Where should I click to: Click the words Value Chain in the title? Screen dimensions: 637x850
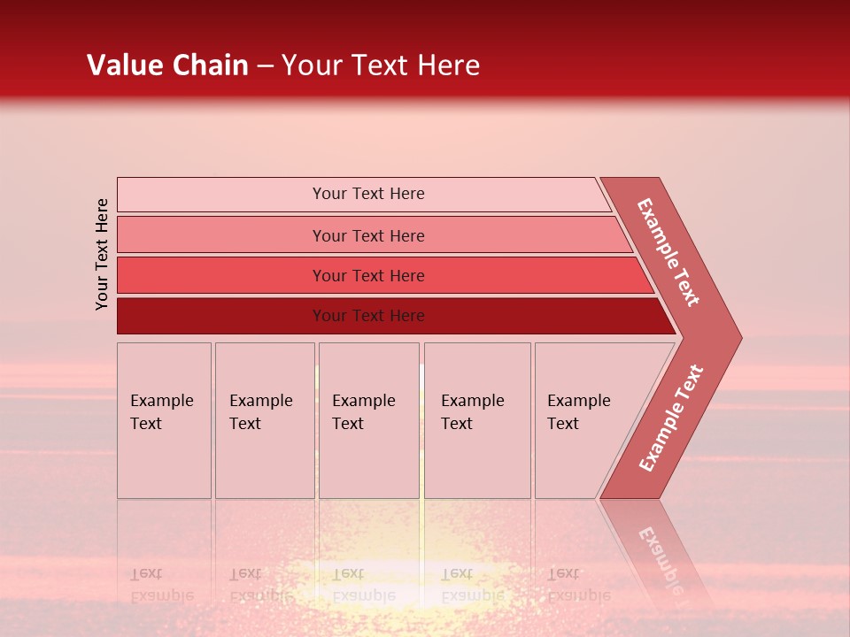click(167, 65)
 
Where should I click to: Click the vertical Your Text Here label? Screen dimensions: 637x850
click(102, 254)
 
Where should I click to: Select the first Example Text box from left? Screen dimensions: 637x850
click(164, 420)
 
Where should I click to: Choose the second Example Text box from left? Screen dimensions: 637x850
click(264, 420)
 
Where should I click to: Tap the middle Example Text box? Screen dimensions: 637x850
click(368, 420)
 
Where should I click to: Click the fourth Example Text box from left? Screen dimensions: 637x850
click(477, 420)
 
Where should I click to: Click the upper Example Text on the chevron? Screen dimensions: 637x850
click(668, 252)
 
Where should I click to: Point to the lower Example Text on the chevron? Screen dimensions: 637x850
click(670, 418)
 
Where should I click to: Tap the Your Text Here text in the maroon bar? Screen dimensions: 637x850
click(368, 316)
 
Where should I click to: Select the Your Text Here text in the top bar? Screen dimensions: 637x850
click(368, 194)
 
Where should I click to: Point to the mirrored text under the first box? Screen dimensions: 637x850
click(161, 585)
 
